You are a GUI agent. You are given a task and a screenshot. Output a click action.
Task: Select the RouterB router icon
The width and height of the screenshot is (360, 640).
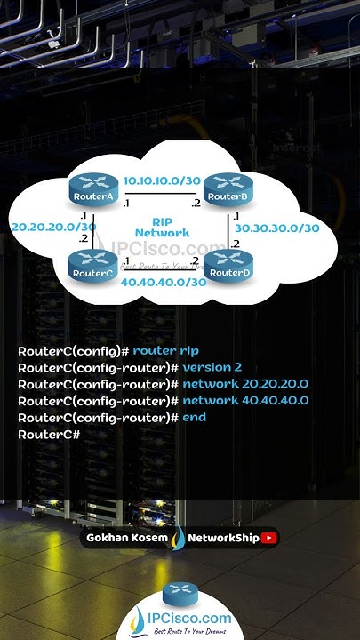pyautogui.click(x=224, y=190)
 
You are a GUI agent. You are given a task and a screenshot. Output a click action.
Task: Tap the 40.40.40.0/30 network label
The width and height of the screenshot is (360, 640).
pyautogui.click(x=163, y=283)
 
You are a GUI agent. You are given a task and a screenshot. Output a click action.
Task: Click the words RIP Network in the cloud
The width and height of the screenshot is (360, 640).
pyautogui.click(x=162, y=226)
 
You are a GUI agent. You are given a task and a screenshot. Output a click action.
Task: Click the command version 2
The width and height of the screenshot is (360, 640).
pyautogui.click(x=212, y=367)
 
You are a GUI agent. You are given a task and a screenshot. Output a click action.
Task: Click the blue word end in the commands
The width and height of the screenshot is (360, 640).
pyautogui.click(x=195, y=417)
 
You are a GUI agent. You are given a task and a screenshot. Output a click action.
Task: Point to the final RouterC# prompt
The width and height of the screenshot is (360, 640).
pyautogui.click(x=49, y=434)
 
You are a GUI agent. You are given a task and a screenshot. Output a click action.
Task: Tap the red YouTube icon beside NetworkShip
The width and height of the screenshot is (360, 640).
pyautogui.click(x=269, y=537)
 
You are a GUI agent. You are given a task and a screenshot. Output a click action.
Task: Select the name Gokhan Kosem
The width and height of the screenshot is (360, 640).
pyautogui.click(x=126, y=537)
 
